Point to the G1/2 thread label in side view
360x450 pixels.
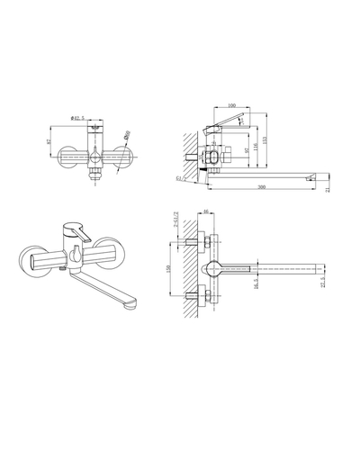point(181,180)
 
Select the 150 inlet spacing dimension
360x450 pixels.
point(167,270)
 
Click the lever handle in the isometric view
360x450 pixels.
point(84,234)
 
